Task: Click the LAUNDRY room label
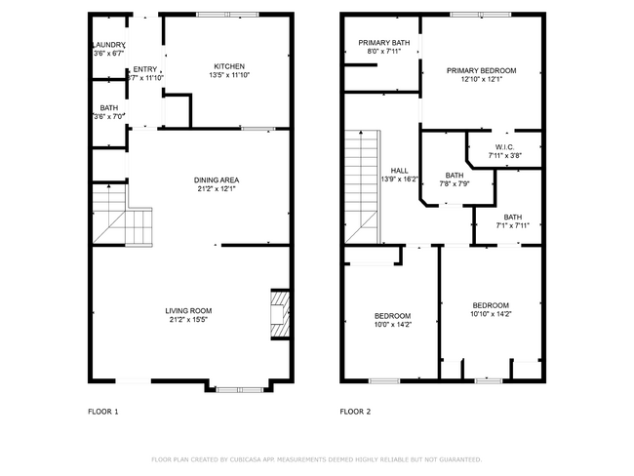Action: point(108,45)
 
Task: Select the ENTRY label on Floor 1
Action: point(144,68)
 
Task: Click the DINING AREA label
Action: point(217,179)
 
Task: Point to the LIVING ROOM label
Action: point(188,310)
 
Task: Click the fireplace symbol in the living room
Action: point(279,313)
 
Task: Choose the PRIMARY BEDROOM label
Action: point(481,70)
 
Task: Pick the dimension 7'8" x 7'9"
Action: point(455,183)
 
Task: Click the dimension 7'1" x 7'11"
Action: point(513,225)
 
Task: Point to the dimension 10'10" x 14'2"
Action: point(491,314)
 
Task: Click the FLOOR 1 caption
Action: point(102,412)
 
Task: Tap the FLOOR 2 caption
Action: point(355,412)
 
